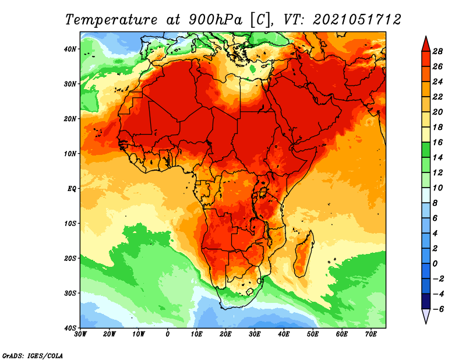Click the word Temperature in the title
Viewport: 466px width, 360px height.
coord(111,20)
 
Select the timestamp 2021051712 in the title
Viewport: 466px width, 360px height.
coord(357,20)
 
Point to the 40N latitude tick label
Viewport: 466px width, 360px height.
coord(70,49)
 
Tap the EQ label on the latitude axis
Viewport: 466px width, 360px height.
coord(72,189)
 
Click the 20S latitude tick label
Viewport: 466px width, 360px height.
coord(70,258)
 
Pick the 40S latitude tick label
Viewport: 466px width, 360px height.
coord(70,328)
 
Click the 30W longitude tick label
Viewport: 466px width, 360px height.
coord(80,334)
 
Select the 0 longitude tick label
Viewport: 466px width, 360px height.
coord(168,334)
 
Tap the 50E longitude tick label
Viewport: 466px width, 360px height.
coord(313,334)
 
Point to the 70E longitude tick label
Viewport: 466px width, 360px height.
coord(371,334)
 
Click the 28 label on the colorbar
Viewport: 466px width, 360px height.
coord(437,51)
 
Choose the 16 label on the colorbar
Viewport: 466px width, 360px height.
coord(437,142)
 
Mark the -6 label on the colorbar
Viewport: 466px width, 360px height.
coord(437,309)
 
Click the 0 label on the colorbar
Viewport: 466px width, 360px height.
coord(435,264)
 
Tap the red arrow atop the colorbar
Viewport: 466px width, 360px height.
coord(426,44)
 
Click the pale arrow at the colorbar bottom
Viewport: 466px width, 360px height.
coord(426,316)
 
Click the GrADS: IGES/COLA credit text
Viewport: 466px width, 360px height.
coord(33,355)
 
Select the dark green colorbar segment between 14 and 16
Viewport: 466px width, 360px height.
coord(426,150)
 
